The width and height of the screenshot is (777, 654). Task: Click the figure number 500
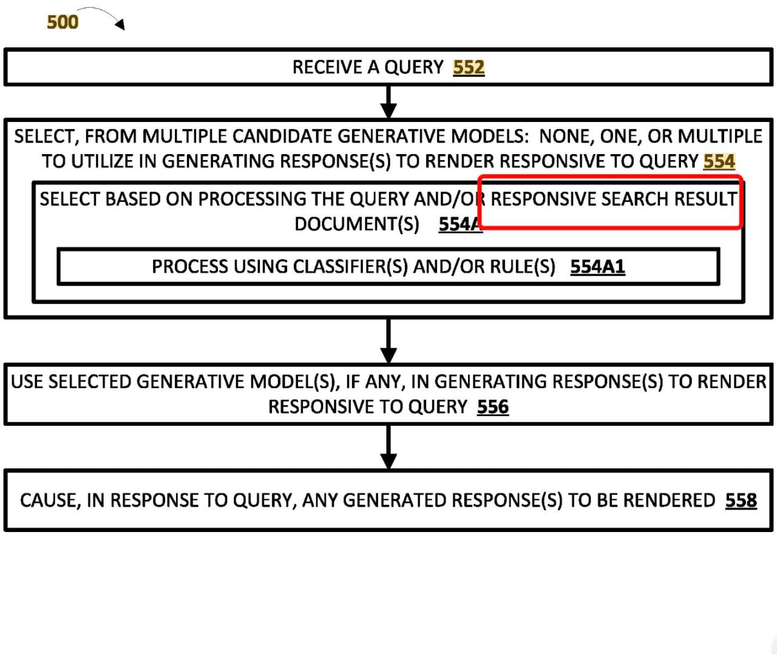63,22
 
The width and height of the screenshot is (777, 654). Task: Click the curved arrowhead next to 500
120,24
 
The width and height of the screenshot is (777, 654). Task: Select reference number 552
469,68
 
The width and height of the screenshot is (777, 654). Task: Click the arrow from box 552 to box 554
388,102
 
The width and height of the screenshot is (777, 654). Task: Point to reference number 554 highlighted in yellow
719,161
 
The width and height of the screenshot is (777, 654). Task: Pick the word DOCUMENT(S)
357,224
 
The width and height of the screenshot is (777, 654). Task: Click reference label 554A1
598,267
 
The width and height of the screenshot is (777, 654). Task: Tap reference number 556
493,406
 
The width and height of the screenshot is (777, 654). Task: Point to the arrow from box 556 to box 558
388,447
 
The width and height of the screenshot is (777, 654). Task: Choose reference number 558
741,501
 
